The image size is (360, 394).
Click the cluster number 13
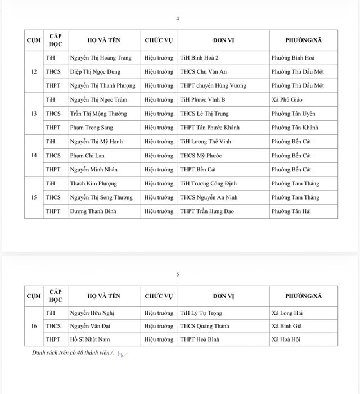pyautogui.click(x=34, y=114)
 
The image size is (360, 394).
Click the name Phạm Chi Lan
pyautogui.click(x=87, y=156)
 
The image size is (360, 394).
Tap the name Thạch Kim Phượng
pyautogui.click(x=93, y=184)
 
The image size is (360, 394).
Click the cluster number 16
pyautogui.click(x=34, y=325)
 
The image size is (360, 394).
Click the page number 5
pyautogui.click(x=178, y=275)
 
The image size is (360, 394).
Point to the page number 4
pyautogui.click(x=178, y=19)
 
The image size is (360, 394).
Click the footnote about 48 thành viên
pyautogui.click(x=73, y=352)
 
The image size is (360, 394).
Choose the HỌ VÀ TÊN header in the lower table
pyautogui.click(x=104, y=296)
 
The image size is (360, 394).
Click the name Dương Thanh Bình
pyautogui.click(x=93, y=211)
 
